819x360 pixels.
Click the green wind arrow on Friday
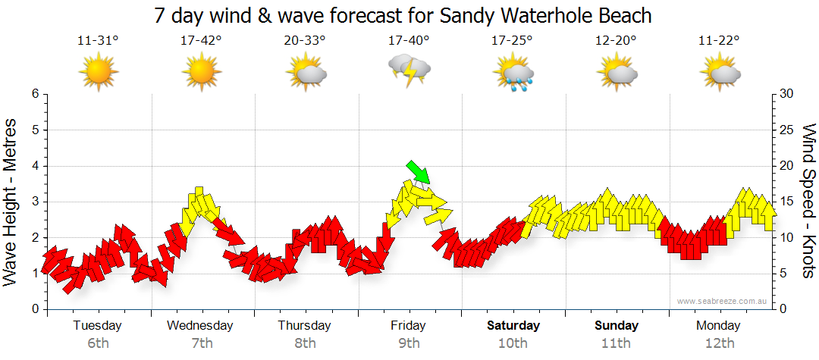(419, 172)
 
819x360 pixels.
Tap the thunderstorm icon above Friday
(409, 71)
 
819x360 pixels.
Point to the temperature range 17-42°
(201, 41)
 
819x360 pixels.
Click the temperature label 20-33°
(305, 41)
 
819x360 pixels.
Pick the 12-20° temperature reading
(616, 41)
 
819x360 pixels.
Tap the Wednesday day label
(200, 326)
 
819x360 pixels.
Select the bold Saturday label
(513, 326)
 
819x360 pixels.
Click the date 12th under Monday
(720, 343)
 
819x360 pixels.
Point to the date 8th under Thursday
(305, 343)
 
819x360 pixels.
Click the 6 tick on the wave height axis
(35, 94)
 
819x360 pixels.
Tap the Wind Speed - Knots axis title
(808, 202)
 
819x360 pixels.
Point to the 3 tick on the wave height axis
(35, 202)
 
